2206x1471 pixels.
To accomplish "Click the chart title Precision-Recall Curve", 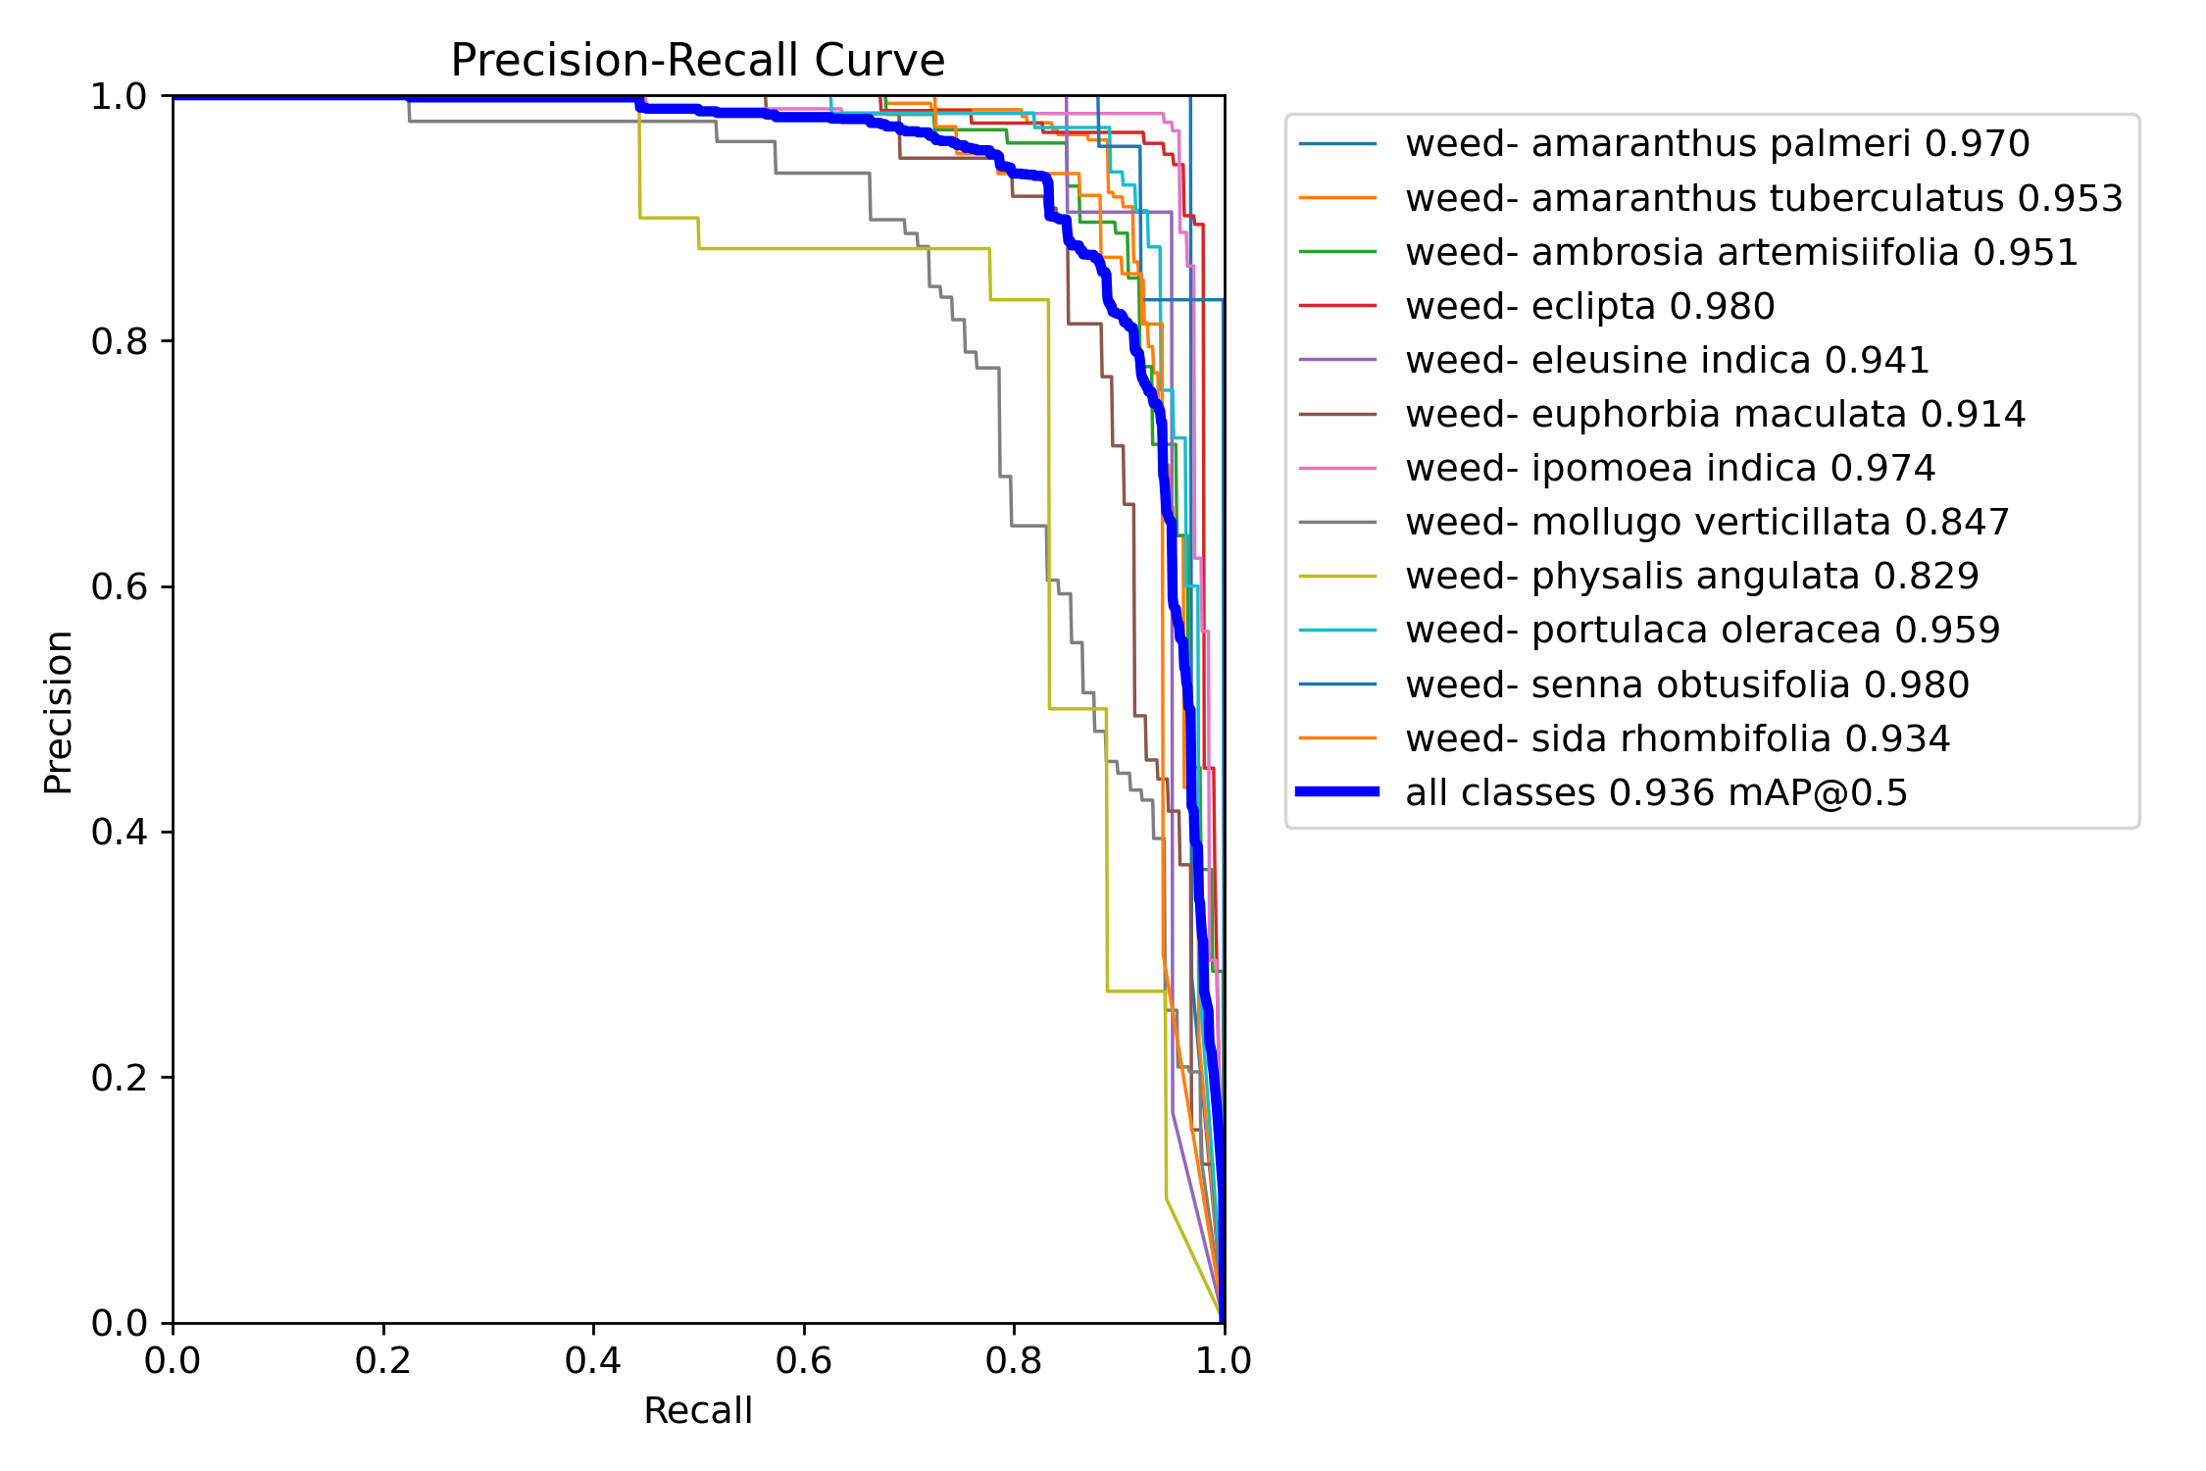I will pyautogui.click(x=697, y=61).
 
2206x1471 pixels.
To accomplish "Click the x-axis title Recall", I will pyautogui.click(x=697, y=1410).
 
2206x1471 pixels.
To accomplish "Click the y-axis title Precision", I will pyautogui.click(x=59, y=712).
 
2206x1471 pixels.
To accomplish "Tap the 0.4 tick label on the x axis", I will pyautogui.click(x=593, y=1361).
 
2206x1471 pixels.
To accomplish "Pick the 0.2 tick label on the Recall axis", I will pyautogui.click(x=383, y=1361).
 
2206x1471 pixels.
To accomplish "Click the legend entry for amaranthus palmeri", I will pyautogui.click(x=1717, y=144).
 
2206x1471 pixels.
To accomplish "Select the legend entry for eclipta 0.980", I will pyautogui.click(x=1589, y=306).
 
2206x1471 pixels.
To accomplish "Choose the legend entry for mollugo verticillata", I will pyautogui.click(x=1707, y=522).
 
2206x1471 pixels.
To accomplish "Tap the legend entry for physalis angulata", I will pyautogui.click(x=1691, y=576).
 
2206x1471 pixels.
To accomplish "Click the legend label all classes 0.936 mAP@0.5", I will pyautogui.click(x=1656, y=792).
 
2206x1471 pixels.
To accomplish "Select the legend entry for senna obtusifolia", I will pyautogui.click(x=1686, y=685).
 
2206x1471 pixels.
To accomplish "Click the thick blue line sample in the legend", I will pyautogui.click(x=1337, y=791).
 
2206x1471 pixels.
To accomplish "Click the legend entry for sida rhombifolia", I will pyautogui.click(x=1678, y=738).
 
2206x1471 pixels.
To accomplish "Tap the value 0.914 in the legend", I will pyautogui.click(x=1973, y=414).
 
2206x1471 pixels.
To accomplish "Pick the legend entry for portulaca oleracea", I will pyautogui.click(x=1702, y=630).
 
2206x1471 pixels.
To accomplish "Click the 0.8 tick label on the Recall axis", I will pyautogui.click(x=1014, y=1361).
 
